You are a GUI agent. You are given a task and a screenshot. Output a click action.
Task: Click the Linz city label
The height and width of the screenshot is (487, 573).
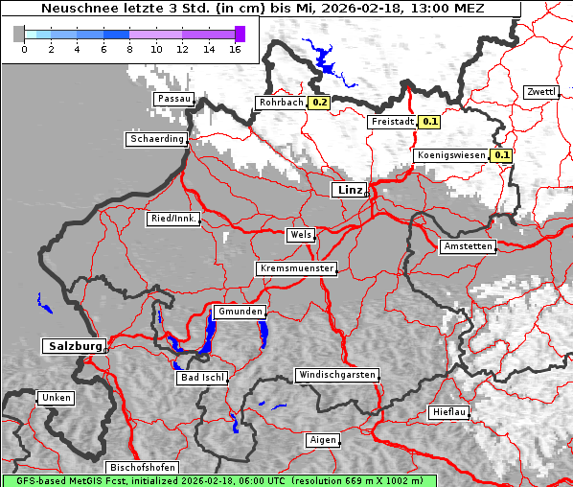tap(350, 190)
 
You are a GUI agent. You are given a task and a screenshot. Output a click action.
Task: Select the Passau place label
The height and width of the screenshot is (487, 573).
tap(173, 99)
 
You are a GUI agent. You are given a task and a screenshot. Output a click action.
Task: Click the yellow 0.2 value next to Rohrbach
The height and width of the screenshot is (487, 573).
tap(319, 103)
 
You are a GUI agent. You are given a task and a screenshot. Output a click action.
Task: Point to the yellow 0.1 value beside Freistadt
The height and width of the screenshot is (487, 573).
tap(429, 122)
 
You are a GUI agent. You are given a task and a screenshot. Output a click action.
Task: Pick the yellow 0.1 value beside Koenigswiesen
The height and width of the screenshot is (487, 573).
tap(501, 154)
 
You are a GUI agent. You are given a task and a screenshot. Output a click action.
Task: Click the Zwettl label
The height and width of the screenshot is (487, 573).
tap(540, 92)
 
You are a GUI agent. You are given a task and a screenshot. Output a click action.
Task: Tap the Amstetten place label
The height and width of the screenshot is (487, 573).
tap(468, 246)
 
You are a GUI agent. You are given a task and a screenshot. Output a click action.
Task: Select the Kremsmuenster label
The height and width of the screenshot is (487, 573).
tap(297, 268)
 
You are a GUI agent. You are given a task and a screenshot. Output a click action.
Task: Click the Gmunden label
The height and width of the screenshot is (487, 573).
tap(239, 313)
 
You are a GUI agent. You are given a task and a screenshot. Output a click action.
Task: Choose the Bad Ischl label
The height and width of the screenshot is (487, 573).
tap(202, 378)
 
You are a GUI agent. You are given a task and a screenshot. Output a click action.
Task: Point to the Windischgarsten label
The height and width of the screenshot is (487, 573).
tap(336, 375)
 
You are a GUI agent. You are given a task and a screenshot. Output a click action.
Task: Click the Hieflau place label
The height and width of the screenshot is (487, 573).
tap(449, 412)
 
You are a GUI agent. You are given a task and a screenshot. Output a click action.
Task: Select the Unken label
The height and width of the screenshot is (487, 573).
tap(56, 398)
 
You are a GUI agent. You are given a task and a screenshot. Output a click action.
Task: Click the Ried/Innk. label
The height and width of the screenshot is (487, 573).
tap(173, 219)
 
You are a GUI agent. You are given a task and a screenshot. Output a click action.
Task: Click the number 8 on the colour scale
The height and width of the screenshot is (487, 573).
tap(130, 48)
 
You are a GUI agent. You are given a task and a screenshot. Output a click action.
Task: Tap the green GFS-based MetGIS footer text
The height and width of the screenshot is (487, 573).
tap(219, 480)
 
